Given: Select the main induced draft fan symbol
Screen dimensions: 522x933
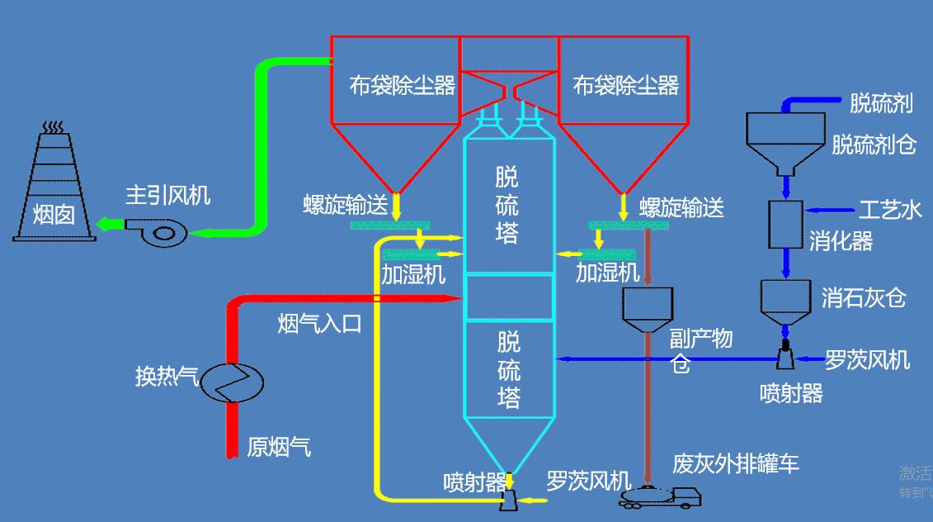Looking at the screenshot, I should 157,230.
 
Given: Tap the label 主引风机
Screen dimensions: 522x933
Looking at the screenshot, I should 167,195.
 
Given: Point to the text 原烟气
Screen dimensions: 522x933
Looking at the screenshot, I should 279,448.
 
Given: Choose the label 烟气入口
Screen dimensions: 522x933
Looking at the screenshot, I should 319,323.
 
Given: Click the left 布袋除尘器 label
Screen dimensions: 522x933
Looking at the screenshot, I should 402,86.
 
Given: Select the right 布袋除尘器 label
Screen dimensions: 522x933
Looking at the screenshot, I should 626,85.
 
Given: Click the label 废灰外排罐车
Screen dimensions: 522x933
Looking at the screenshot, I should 736,463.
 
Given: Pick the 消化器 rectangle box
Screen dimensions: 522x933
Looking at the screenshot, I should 785,224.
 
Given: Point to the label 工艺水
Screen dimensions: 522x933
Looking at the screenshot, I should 890,210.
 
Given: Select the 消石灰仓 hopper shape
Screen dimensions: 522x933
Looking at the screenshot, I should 785,301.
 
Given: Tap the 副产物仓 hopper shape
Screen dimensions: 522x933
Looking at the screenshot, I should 648,306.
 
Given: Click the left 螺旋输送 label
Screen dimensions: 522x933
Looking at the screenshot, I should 345,205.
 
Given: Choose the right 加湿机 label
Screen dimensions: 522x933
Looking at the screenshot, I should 607,272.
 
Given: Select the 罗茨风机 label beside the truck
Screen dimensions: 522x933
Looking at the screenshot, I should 588,481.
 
